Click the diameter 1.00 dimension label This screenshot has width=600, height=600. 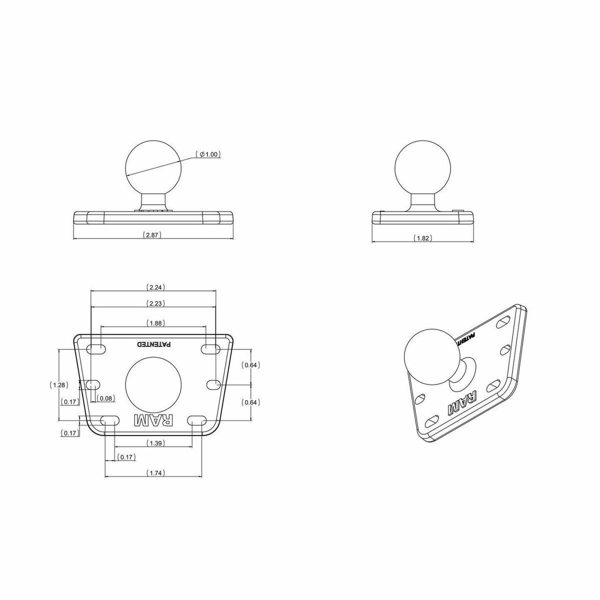(208, 154)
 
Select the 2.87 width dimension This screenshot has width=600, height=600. (152, 235)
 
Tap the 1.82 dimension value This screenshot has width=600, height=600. (423, 238)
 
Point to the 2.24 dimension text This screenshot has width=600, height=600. (155, 287)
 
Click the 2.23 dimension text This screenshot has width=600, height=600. (155, 303)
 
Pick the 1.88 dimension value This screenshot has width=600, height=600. (155, 323)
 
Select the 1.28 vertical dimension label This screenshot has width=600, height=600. (59, 385)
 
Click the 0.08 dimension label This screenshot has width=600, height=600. (106, 398)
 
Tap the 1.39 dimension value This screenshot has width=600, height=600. (155, 443)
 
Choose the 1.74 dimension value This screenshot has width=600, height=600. (155, 473)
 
